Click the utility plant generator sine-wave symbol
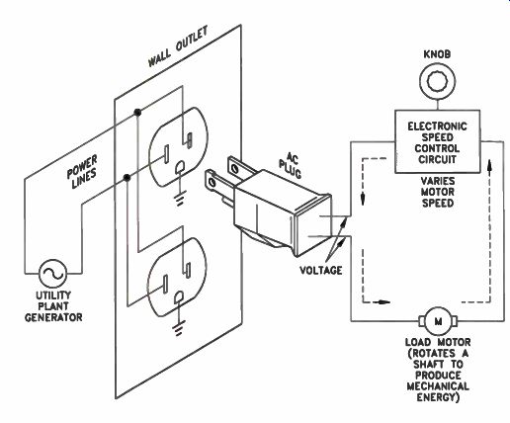click(x=52, y=273)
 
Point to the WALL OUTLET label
click(x=178, y=46)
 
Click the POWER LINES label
click(x=83, y=172)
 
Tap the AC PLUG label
click(x=290, y=165)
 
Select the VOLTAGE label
click(x=320, y=271)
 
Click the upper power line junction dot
click(x=137, y=113)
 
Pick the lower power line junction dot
click(x=127, y=178)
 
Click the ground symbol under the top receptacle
click(x=180, y=198)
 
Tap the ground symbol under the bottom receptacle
click(x=179, y=328)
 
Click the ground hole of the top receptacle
click(x=180, y=167)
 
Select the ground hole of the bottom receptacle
click(x=179, y=297)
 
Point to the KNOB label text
click(x=437, y=54)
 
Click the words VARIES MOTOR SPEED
click(x=438, y=192)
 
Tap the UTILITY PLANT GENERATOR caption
click(x=53, y=306)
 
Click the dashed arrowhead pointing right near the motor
click(x=383, y=301)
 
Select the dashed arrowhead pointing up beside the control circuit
click(x=490, y=164)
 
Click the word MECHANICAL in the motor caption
click(x=438, y=386)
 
